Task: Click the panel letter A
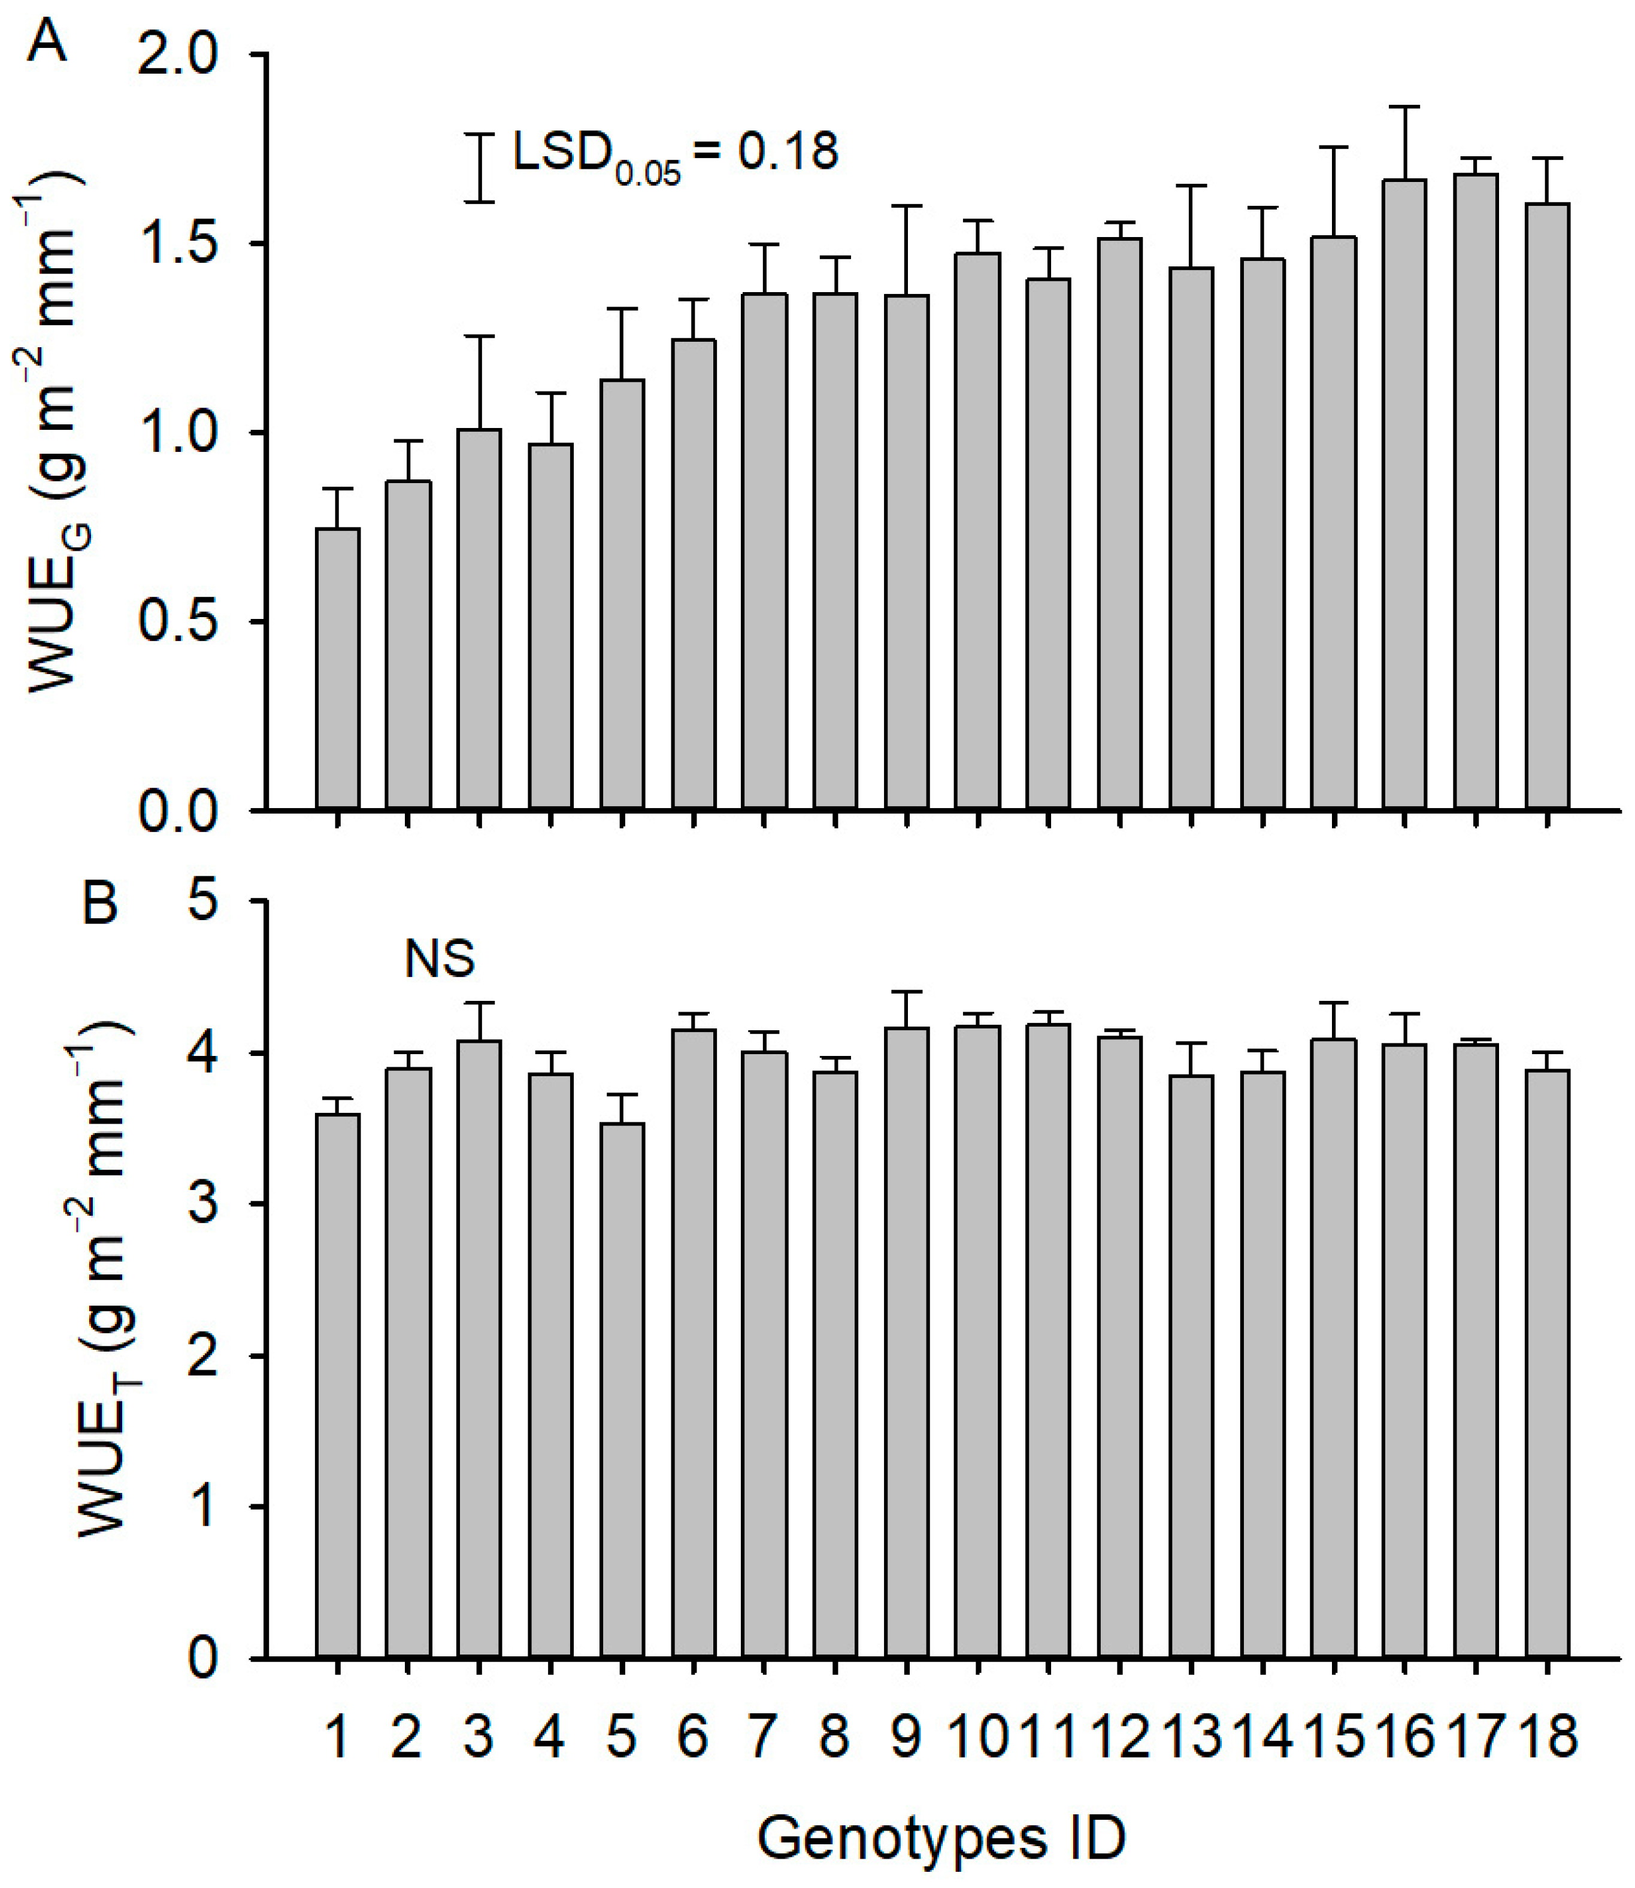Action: (x=47, y=41)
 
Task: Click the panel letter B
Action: (x=101, y=903)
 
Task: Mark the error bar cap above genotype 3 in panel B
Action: (x=479, y=1003)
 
